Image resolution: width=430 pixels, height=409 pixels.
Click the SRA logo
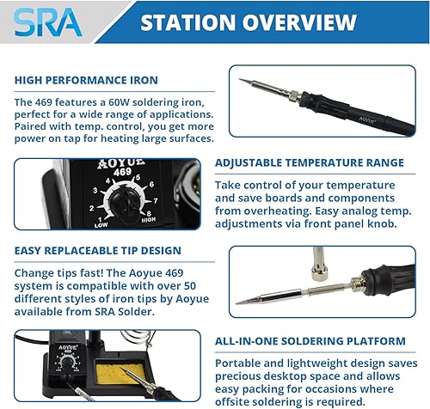point(47,21)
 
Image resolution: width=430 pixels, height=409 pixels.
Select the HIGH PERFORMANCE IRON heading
point(86,80)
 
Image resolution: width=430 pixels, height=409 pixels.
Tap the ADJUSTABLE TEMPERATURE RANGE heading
point(309,162)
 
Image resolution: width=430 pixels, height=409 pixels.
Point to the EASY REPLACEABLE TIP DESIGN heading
point(98,251)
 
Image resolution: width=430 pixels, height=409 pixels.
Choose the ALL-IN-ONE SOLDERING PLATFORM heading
point(310,341)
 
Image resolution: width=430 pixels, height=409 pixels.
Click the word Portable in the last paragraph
point(239,363)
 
